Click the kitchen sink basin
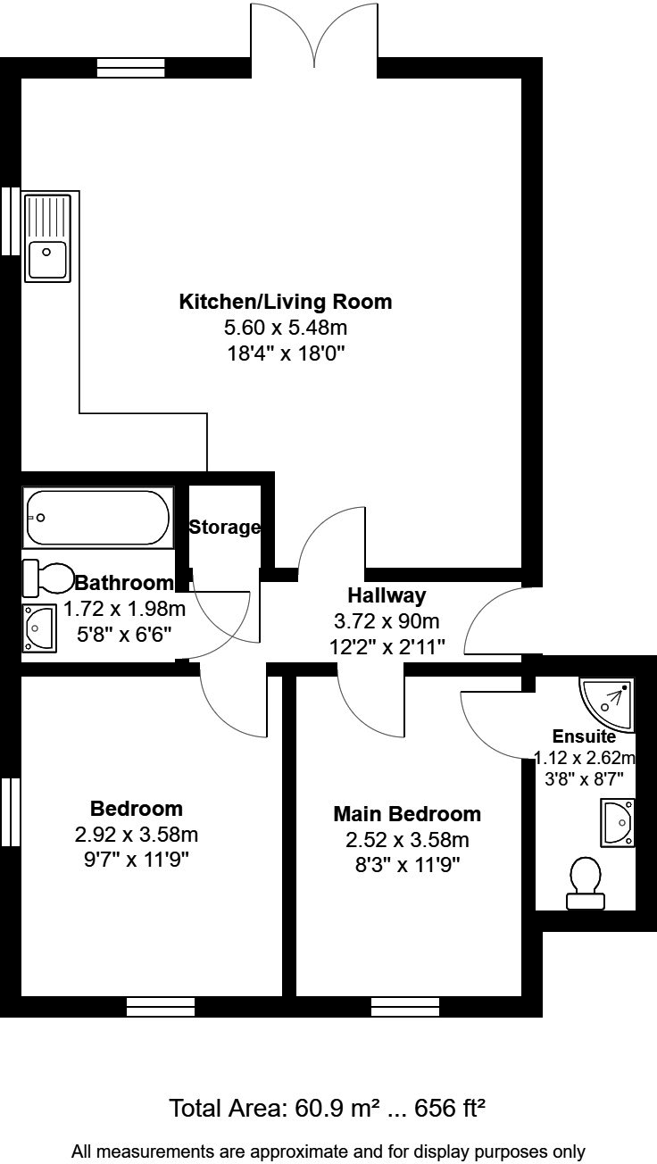point(48,259)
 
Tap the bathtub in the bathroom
point(98,518)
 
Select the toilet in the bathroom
point(49,578)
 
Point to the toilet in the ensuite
point(585,884)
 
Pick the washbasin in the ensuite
point(618,822)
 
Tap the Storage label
point(224,528)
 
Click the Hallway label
point(387,594)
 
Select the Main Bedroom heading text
point(406,814)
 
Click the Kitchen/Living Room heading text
point(286,301)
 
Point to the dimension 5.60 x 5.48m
point(286,328)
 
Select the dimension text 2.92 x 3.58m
point(137,836)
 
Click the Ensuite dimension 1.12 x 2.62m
point(585,759)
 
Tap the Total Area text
point(328,1109)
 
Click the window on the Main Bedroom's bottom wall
point(405,1007)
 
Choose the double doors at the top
point(314,40)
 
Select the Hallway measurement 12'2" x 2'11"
point(387,644)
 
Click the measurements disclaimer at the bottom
point(328,1152)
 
